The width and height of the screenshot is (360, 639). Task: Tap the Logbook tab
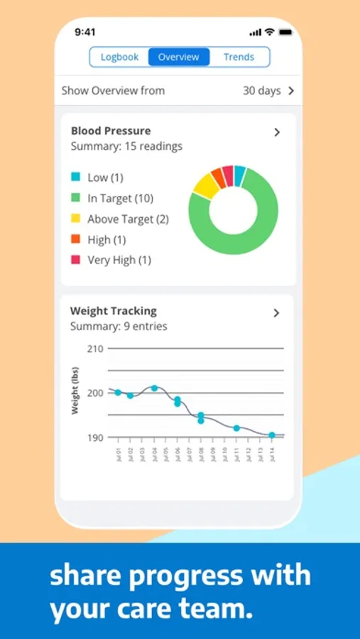(119, 57)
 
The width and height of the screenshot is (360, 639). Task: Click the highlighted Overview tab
(179, 57)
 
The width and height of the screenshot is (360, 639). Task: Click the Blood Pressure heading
(111, 131)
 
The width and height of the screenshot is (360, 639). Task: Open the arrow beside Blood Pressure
(277, 132)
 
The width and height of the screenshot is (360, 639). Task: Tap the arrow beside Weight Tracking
(277, 313)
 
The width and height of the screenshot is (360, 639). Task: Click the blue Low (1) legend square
(76, 177)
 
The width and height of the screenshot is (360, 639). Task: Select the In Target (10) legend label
(120, 198)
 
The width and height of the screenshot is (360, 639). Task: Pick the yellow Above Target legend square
(76, 219)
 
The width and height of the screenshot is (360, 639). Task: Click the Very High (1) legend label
(119, 260)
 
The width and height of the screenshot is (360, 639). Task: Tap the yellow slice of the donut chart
(204, 185)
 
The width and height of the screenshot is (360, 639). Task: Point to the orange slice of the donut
(218, 177)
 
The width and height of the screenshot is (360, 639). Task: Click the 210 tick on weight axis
(95, 349)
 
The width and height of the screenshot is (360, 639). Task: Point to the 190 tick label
(95, 437)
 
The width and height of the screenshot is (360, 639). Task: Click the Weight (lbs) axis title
(75, 390)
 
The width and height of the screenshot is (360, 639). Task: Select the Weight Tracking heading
(114, 311)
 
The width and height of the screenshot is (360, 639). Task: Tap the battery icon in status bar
(285, 33)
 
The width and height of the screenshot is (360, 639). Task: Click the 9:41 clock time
(85, 33)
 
